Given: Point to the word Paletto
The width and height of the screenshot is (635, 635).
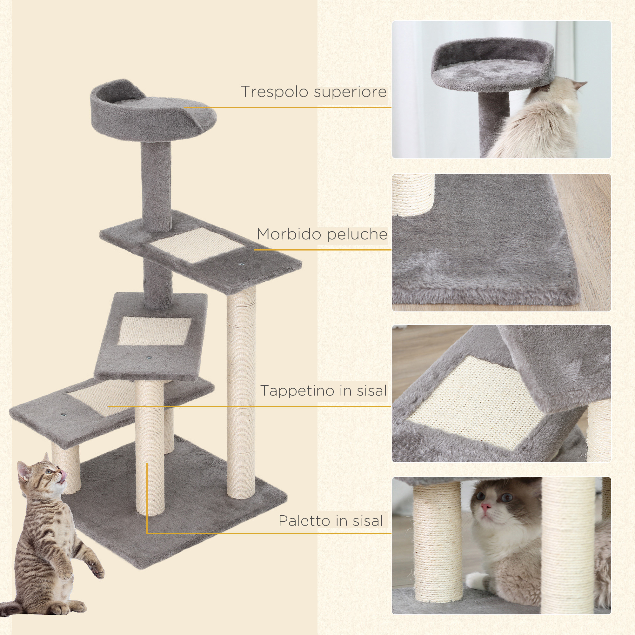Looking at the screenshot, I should point(304,521).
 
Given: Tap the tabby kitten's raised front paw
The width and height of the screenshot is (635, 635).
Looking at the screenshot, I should point(96,571).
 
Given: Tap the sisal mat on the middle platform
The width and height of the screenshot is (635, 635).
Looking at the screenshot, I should point(154,331).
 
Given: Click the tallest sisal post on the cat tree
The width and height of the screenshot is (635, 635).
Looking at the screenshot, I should point(241,394).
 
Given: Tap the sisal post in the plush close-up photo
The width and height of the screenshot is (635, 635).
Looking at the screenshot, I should point(413,194).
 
